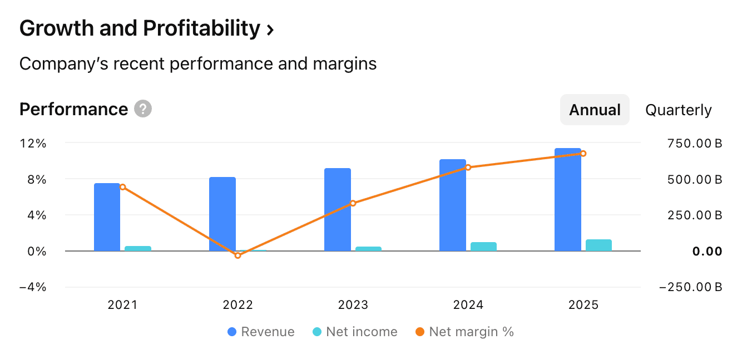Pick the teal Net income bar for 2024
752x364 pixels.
click(x=483, y=247)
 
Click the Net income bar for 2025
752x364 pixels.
click(x=598, y=245)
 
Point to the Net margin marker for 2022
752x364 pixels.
click(x=238, y=255)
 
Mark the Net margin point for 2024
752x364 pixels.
click(x=468, y=167)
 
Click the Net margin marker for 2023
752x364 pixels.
click(x=353, y=203)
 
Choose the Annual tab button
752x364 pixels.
click(x=595, y=110)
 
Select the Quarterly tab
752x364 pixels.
click(x=678, y=110)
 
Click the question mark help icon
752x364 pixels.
click(x=143, y=109)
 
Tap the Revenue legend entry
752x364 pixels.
click(x=261, y=332)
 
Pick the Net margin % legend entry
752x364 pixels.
click(x=464, y=332)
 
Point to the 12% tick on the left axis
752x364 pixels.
click(x=33, y=143)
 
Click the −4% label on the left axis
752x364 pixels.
click(x=33, y=287)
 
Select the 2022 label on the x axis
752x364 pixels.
click(x=238, y=305)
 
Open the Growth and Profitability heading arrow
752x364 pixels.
click(x=270, y=29)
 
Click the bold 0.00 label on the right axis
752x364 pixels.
click(x=707, y=252)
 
